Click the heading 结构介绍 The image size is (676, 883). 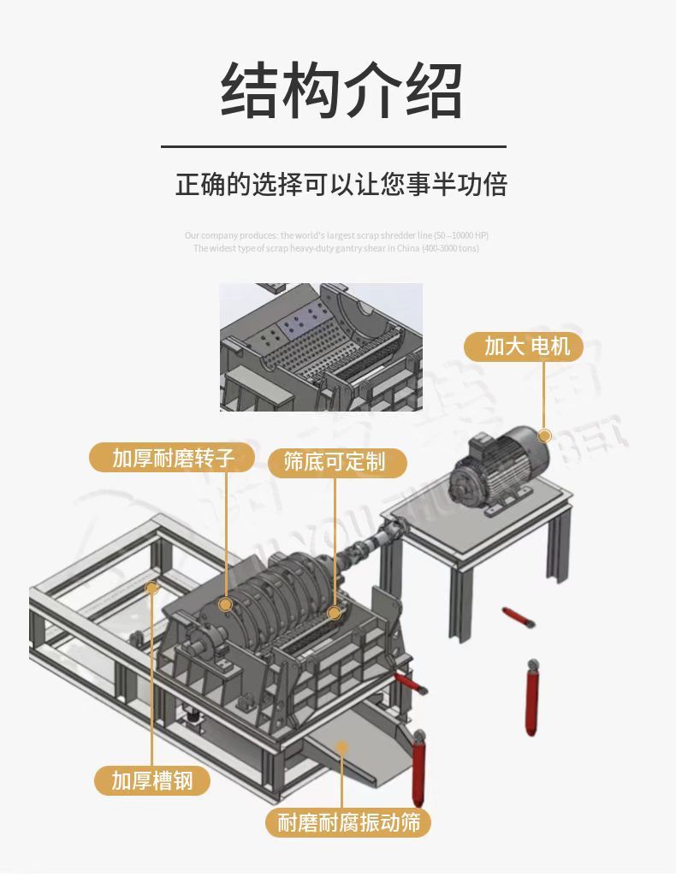[x=341, y=89]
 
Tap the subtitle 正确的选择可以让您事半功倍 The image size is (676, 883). [x=341, y=184]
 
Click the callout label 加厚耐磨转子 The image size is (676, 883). [x=172, y=457]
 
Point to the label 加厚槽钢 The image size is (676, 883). [x=152, y=780]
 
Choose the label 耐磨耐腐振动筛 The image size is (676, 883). [x=349, y=823]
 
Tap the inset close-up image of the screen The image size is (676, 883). [x=321, y=347]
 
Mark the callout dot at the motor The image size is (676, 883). [x=543, y=435]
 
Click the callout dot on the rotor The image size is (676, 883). [x=226, y=605]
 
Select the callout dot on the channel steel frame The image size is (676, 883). [x=152, y=588]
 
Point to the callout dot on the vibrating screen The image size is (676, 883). [x=342, y=746]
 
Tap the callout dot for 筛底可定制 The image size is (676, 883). [x=335, y=613]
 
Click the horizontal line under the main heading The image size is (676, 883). [x=334, y=147]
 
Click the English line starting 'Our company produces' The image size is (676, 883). [x=336, y=235]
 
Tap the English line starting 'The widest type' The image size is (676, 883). [x=336, y=248]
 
